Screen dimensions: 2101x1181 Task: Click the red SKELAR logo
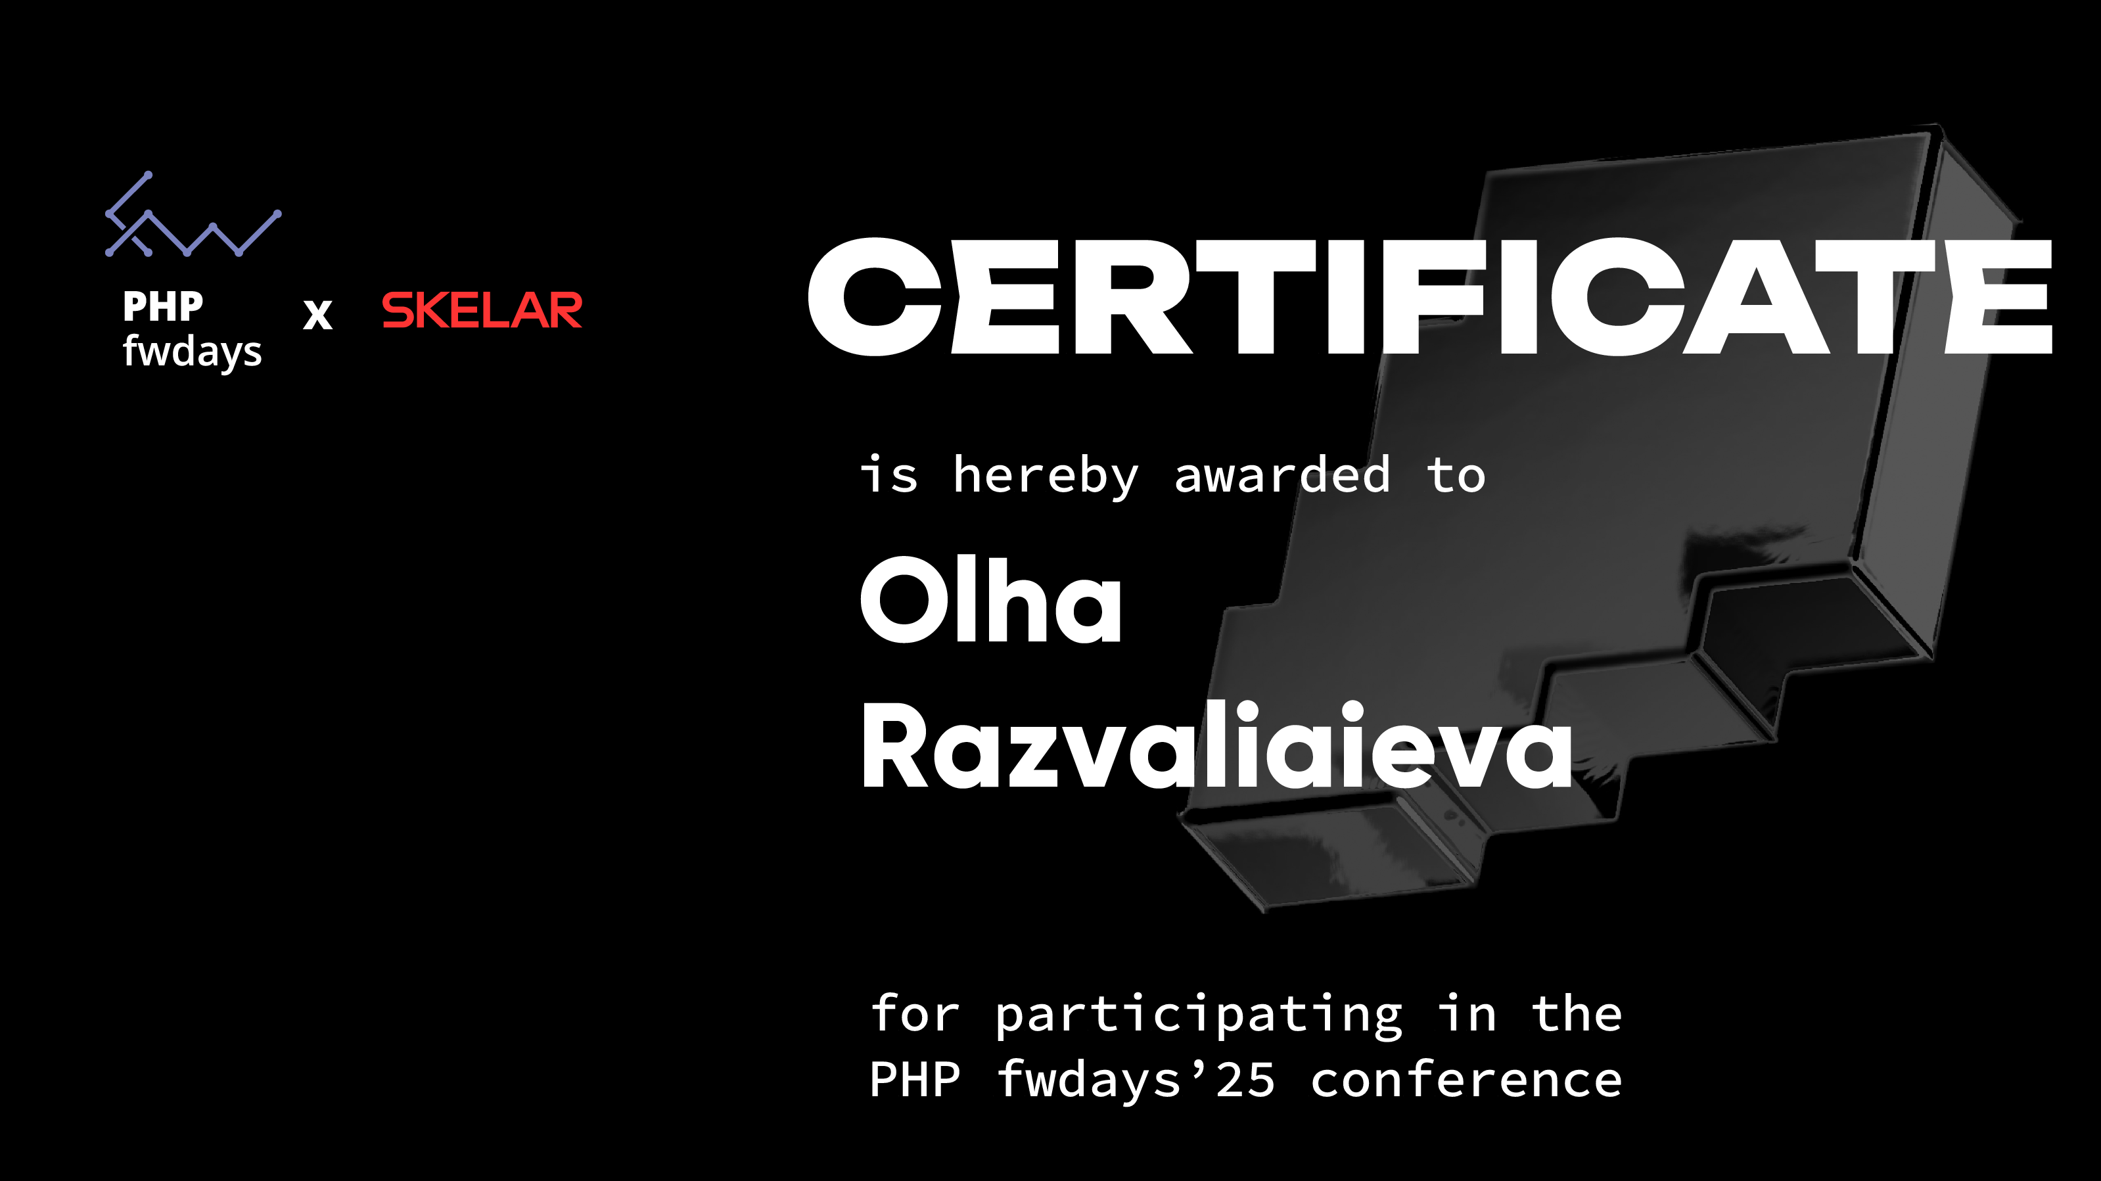point(482,310)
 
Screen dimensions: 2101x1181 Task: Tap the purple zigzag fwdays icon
point(193,214)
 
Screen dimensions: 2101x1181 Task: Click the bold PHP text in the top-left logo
point(163,307)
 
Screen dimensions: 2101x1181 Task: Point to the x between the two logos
point(318,314)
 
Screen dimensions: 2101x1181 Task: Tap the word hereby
point(1046,476)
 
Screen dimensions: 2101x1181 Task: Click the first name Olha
point(992,599)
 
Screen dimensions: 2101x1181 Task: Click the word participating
point(1199,1015)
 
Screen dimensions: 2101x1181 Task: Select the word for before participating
point(915,1014)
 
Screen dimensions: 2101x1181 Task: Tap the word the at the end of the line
point(1577,1014)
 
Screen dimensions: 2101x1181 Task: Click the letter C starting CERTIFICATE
point(875,297)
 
